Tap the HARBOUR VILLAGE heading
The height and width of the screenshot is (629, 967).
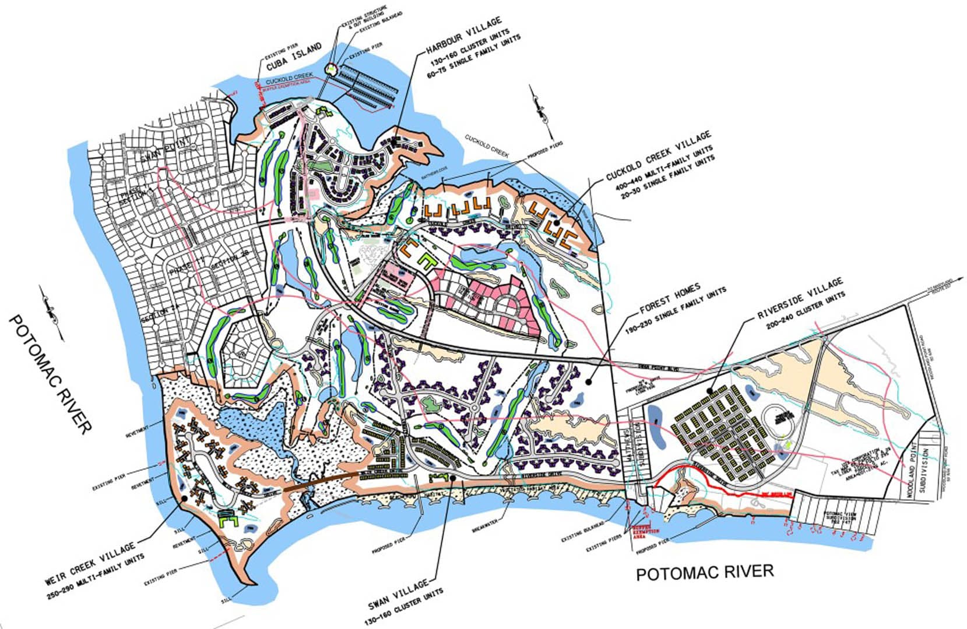(x=463, y=34)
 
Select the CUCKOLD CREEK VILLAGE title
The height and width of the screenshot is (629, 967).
(x=658, y=156)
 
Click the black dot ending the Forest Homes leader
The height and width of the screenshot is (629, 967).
(x=589, y=382)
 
